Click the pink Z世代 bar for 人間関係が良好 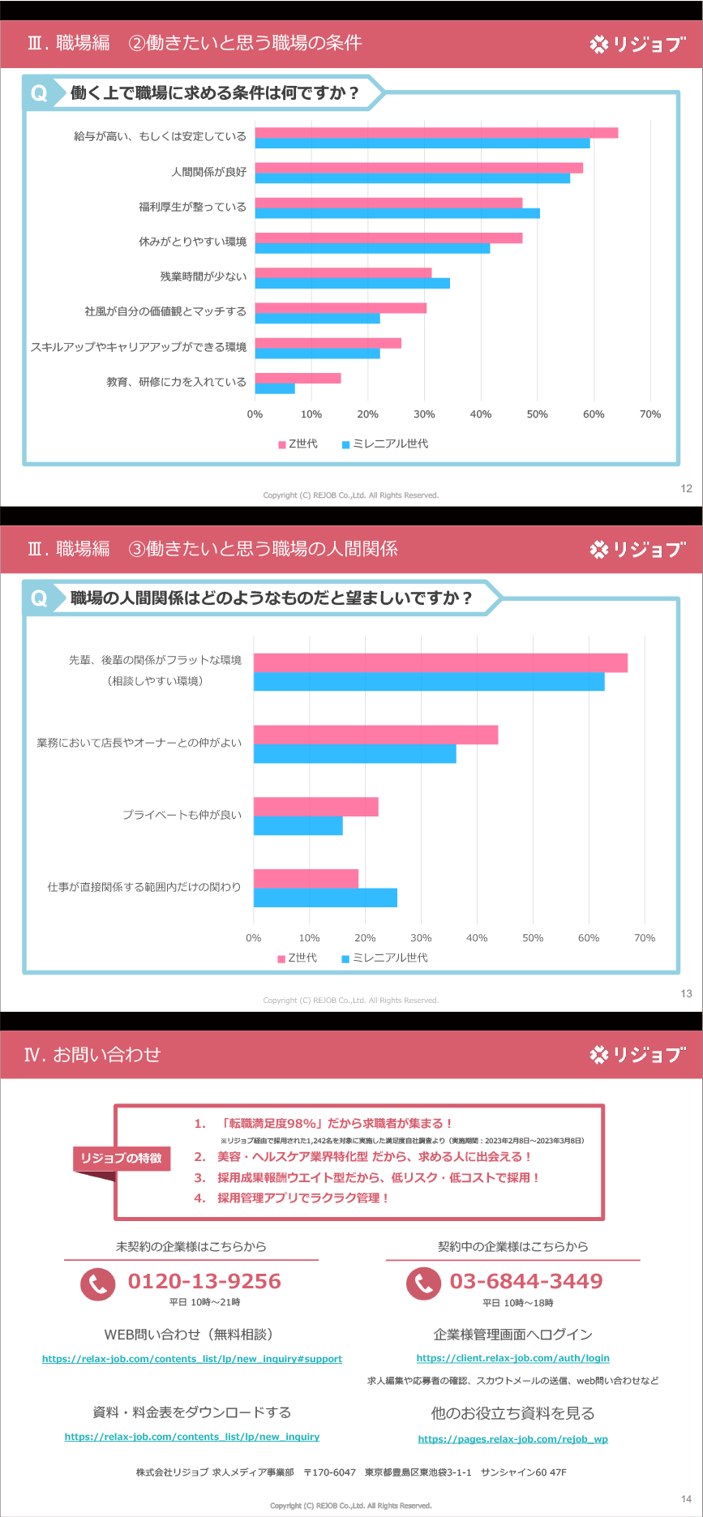[418, 168]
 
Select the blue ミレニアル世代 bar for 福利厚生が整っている [397, 213]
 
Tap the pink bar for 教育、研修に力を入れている [298, 378]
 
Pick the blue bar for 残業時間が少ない [352, 283]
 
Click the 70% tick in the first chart [649, 414]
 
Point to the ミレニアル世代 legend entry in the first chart [385, 444]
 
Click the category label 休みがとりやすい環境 [192, 242]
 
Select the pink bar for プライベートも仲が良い [315, 807]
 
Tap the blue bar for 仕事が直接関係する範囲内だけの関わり [325, 898]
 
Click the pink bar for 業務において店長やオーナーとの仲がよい [375, 735]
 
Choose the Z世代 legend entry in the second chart [298, 958]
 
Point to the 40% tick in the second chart [477, 938]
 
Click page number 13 [686, 993]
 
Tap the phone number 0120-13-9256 [204, 1282]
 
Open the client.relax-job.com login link [512, 1358]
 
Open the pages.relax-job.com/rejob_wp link [512, 1439]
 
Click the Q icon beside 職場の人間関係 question [39, 598]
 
